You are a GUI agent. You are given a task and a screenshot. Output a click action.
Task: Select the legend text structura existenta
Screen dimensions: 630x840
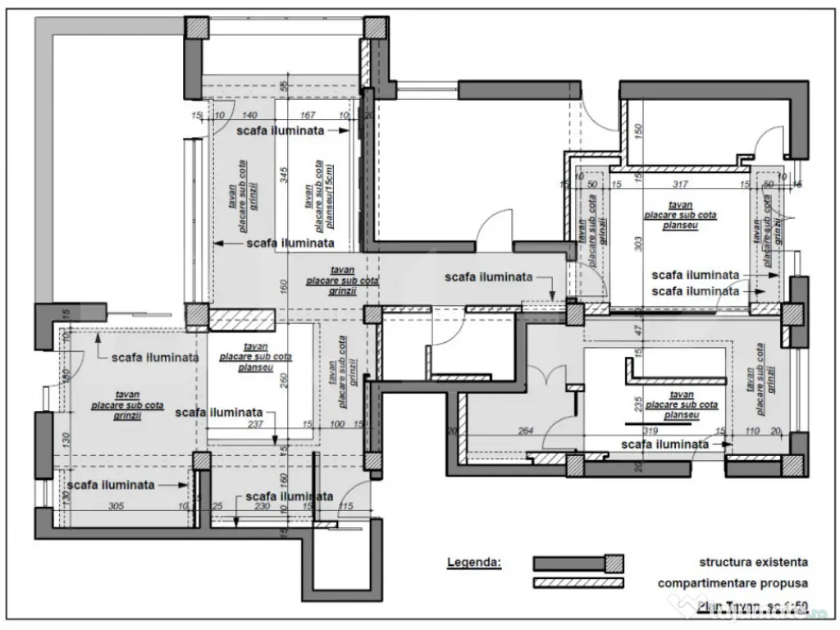(x=753, y=562)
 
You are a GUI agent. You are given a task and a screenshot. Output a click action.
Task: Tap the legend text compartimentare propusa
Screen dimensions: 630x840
(x=733, y=583)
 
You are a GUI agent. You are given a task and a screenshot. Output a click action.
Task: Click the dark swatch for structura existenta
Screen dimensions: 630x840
(x=577, y=563)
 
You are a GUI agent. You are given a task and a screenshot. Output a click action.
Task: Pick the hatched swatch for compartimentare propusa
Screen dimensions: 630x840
(x=577, y=583)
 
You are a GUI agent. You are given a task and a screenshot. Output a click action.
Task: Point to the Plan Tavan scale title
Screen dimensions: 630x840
(x=752, y=607)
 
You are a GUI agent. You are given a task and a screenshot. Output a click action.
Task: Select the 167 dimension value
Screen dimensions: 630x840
(x=308, y=116)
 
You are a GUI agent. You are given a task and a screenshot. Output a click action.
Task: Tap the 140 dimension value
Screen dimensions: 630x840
(x=250, y=116)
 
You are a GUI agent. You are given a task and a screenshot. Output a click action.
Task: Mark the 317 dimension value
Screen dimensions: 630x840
(x=679, y=184)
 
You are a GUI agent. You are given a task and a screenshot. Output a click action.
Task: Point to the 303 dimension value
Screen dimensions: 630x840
(x=637, y=244)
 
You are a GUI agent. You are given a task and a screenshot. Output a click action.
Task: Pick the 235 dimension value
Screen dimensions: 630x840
(x=637, y=402)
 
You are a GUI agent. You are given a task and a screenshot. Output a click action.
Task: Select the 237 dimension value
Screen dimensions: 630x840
(x=255, y=424)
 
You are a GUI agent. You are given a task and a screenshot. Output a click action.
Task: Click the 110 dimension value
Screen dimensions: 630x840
(x=751, y=430)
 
